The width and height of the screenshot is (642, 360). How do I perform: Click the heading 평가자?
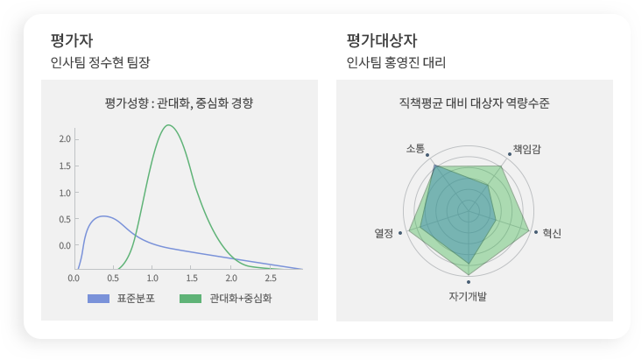pos(72,40)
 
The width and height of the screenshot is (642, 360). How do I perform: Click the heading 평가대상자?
pos(382,40)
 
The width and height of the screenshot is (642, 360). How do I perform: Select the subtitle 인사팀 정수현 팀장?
pos(101,62)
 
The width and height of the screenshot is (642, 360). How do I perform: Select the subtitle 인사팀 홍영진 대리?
pos(396,62)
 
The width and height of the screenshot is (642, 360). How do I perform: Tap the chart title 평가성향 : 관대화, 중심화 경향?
pos(179,102)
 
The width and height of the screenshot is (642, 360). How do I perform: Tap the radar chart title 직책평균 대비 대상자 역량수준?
pos(474,102)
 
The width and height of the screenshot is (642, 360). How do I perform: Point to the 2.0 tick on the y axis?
pos(65,139)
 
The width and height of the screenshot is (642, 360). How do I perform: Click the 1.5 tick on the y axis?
pos(65,166)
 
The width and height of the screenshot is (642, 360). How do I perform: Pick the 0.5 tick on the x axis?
pos(113,279)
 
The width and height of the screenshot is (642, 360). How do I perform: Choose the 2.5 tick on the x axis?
pos(271,279)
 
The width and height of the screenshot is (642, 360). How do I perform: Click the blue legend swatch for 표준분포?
pos(98,299)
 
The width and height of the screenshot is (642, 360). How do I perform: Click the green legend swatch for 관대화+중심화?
pos(190,299)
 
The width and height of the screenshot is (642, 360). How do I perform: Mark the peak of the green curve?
pos(168,125)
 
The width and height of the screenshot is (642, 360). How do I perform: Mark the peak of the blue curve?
pos(103,215)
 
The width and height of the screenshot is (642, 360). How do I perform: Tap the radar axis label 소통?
pos(415,148)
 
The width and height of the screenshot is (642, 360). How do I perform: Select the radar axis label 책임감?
pos(527,149)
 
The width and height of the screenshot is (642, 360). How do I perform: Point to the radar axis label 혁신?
pos(552,234)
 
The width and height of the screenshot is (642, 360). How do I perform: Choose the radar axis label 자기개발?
pos(468,296)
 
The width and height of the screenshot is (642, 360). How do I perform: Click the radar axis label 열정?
pos(384,234)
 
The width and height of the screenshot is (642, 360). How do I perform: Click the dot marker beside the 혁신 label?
pos(536,232)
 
